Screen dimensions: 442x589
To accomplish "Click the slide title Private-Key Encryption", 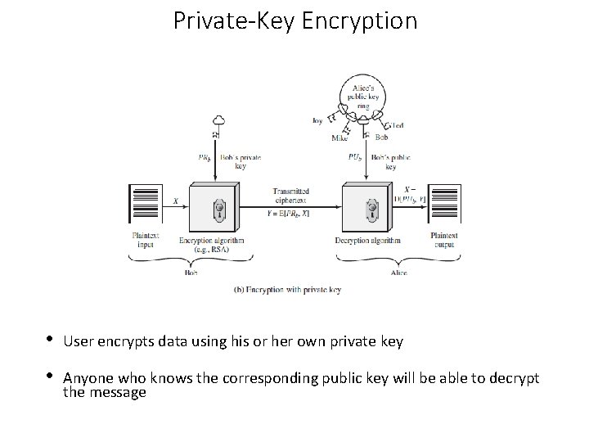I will coord(294,20).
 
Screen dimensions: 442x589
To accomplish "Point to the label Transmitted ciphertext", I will coord(292,196).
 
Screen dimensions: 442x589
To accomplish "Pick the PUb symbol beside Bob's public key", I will coord(355,157).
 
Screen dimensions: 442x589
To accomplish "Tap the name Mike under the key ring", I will coord(340,138).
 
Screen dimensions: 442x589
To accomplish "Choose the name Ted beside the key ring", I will coord(398,125).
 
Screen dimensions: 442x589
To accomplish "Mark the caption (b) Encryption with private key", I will coord(287,289).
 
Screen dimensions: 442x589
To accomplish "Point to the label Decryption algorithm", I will coord(368,241).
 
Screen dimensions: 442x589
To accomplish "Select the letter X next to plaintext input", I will coord(175,201).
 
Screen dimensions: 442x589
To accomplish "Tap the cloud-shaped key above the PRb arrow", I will coord(215,122).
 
